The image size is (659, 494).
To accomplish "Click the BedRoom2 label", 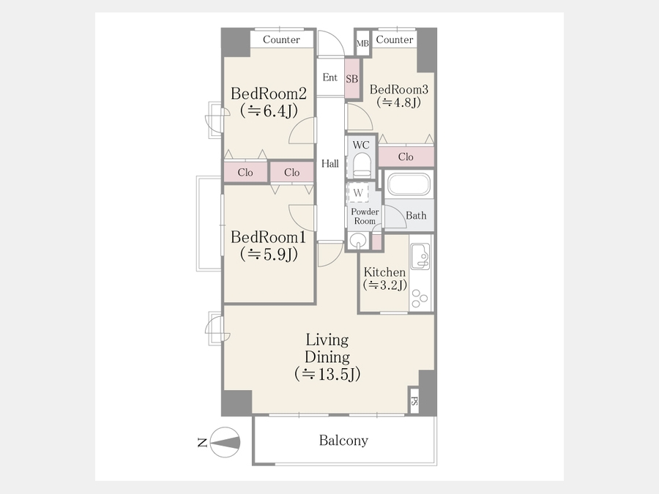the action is [x=269, y=93].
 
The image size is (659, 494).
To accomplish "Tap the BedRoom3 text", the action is [x=399, y=89].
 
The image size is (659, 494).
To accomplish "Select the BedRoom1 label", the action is [x=268, y=237].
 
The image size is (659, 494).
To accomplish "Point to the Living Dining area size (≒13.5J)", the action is [x=327, y=374].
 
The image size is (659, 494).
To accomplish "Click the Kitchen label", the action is [x=384, y=272].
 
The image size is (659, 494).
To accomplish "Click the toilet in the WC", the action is [x=362, y=164].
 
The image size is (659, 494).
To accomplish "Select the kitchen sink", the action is [x=420, y=257].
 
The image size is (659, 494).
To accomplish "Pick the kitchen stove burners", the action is [x=420, y=299].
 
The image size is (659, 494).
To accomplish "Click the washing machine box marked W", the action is [x=358, y=192].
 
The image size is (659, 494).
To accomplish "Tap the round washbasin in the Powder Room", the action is [x=357, y=241].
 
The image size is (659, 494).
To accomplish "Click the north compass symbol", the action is [x=225, y=442].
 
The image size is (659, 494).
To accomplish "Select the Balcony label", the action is [x=343, y=441].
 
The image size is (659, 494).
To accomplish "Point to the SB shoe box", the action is [x=352, y=78].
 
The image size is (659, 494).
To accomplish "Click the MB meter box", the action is [x=362, y=43].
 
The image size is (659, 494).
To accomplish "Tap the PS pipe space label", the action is [x=414, y=401].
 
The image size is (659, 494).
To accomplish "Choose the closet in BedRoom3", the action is [x=406, y=157].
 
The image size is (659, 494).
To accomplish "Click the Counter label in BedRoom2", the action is [x=281, y=40].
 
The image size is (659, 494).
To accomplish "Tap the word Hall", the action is [x=330, y=163].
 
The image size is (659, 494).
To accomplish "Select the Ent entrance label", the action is [x=330, y=78].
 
